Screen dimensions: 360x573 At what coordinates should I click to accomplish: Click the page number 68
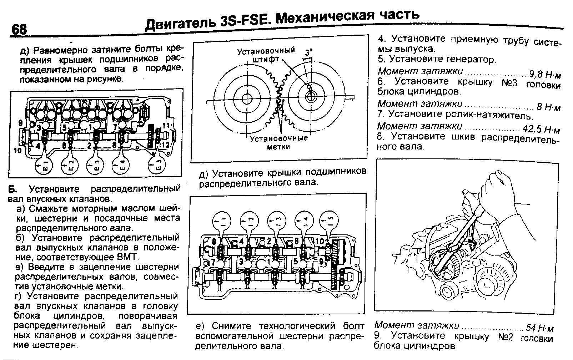(x=19, y=29)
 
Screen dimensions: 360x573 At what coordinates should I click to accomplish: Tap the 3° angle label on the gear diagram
(x=308, y=52)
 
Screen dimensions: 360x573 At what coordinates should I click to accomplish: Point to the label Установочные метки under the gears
(x=278, y=142)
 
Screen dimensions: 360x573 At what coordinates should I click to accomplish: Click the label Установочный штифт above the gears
(x=266, y=55)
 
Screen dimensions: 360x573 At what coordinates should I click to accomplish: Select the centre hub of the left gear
(x=246, y=98)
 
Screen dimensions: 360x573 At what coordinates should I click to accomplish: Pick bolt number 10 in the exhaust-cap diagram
(x=17, y=151)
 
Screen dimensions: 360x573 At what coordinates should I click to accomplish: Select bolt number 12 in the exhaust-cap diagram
(x=166, y=144)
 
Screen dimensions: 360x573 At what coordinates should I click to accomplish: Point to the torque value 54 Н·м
(x=540, y=328)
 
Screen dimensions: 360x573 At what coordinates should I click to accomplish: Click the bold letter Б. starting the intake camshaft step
(x=13, y=188)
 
